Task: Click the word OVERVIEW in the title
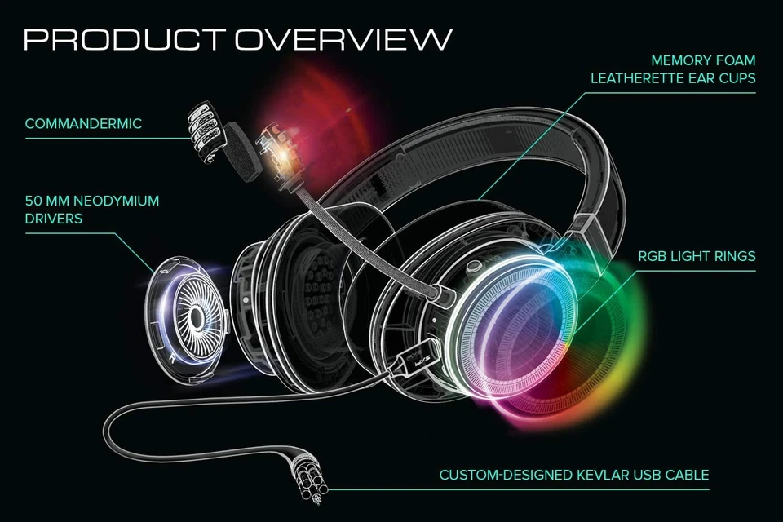pyautogui.click(x=343, y=38)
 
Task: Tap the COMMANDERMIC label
pyautogui.click(x=83, y=124)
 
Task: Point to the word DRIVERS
pyautogui.click(x=54, y=219)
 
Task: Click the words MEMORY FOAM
pyautogui.click(x=704, y=60)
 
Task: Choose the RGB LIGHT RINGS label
pyautogui.click(x=697, y=256)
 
